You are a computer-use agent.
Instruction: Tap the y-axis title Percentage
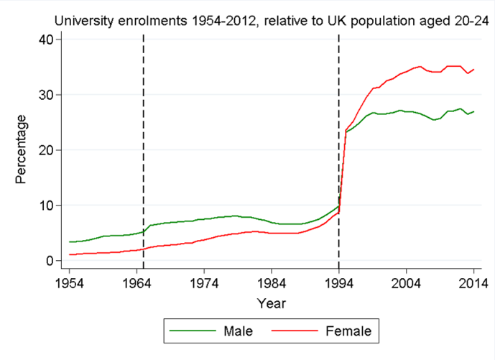click(21, 149)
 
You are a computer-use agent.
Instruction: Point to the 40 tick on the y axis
click(45, 40)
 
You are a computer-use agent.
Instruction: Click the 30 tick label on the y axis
click(45, 95)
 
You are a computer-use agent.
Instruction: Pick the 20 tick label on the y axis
click(45, 150)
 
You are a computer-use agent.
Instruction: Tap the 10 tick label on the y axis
click(45, 206)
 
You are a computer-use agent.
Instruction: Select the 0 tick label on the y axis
click(48, 261)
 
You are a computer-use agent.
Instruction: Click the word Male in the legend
click(237, 331)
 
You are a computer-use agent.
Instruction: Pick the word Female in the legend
click(348, 331)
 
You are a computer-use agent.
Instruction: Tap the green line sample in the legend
click(192, 331)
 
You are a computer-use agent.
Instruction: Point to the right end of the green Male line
click(473, 111)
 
